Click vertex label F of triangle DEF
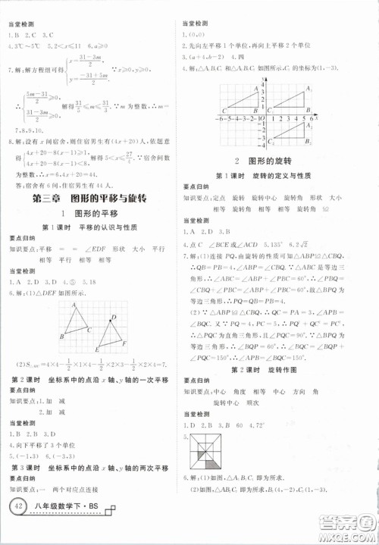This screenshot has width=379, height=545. click(125, 343)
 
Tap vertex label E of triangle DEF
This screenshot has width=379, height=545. click(97, 350)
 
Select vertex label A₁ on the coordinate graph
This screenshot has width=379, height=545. click(307, 88)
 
